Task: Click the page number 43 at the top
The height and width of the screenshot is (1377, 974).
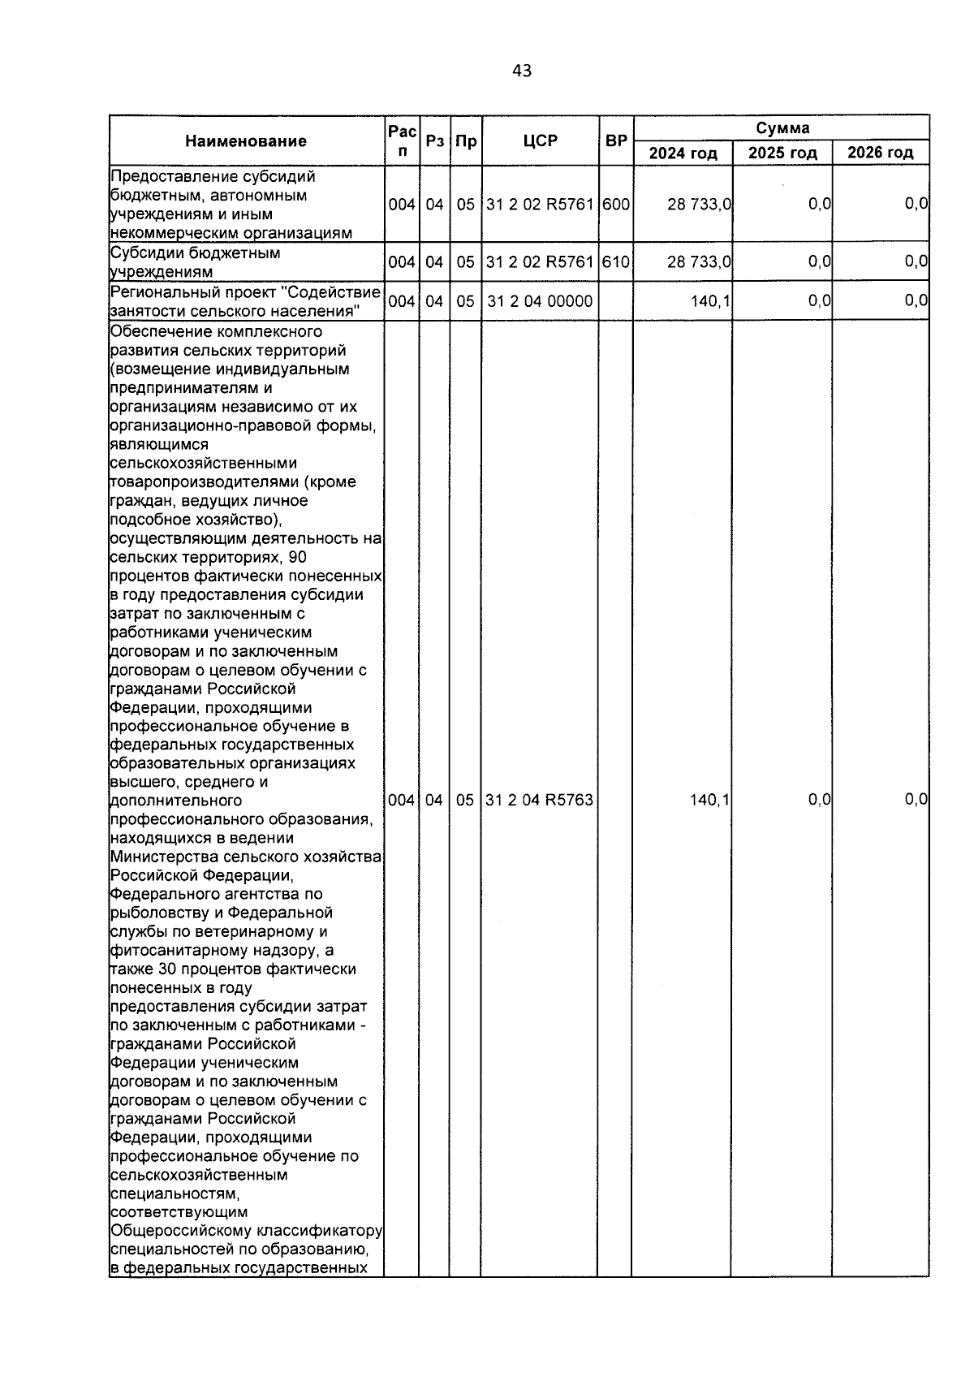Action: click(522, 71)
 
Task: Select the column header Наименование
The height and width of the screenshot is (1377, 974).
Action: click(246, 141)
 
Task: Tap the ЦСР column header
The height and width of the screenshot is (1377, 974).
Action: click(541, 140)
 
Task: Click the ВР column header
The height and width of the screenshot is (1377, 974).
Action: click(616, 140)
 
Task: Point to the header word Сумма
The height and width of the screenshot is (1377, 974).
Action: click(782, 128)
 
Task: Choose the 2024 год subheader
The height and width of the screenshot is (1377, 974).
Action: click(683, 153)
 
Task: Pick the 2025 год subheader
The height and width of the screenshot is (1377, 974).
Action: click(782, 153)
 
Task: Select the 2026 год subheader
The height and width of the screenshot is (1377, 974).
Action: click(881, 153)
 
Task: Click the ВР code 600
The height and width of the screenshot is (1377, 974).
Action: click(616, 205)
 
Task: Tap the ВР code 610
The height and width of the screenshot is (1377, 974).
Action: click(616, 261)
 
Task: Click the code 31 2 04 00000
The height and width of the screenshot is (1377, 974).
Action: click(540, 301)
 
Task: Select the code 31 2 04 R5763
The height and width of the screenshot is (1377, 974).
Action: click(540, 800)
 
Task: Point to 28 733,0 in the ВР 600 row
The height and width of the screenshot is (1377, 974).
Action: click(700, 205)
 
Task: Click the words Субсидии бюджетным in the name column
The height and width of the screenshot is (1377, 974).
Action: click(196, 253)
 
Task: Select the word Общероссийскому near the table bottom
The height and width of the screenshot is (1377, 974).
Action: click(175, 1231)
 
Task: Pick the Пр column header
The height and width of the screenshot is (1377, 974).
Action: click(465, 140)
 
